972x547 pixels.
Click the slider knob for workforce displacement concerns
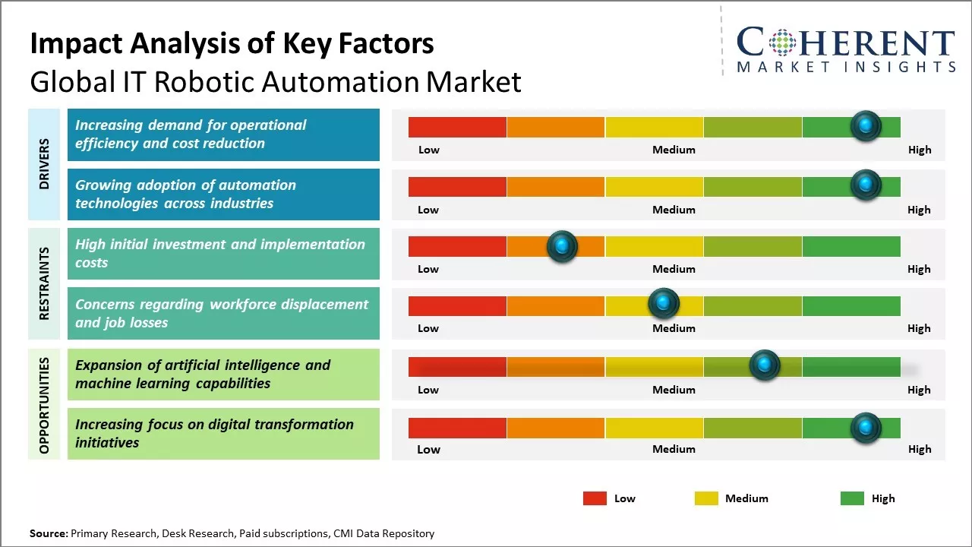664,304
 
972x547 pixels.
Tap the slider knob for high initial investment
562,246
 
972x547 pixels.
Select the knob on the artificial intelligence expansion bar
765,365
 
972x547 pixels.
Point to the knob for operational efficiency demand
866,126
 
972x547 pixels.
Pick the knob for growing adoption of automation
866,185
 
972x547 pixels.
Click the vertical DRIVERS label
43,164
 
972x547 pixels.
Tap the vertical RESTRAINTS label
43,283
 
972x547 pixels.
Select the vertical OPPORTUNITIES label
43,405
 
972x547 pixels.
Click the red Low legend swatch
595,498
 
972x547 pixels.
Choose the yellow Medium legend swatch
706,498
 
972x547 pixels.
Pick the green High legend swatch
852,498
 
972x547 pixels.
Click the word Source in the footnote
48,533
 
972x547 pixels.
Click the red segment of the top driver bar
457,127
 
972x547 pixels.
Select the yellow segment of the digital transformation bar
654,428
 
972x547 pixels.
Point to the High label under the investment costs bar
919,269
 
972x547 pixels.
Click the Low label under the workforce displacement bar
428,328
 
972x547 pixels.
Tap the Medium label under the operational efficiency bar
674,150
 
